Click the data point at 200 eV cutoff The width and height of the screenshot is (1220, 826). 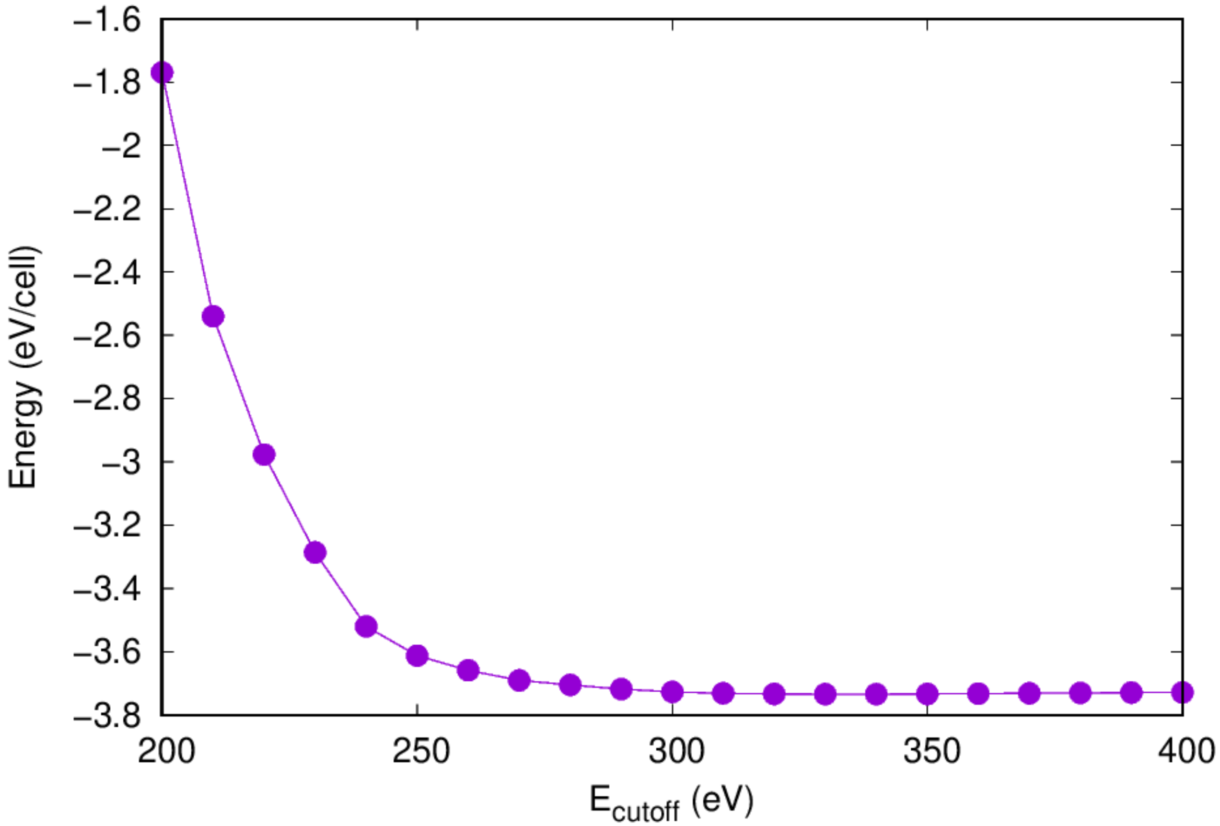point(161,73)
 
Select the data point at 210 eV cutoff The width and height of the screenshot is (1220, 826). point(213,317)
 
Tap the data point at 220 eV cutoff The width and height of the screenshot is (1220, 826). point(264,455)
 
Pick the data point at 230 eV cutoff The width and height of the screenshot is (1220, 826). point(315,552)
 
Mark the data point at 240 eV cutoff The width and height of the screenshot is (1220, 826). point(366,626)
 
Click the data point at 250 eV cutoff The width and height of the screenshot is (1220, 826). point(417,656)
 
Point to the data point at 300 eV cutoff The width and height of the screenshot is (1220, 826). point(672,692)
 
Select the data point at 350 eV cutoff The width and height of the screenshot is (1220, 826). point(927,694)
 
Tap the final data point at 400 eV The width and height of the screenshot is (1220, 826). point(1183,692)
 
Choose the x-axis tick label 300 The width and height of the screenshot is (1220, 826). point(676,751)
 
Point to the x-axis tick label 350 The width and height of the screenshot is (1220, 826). point(931,751)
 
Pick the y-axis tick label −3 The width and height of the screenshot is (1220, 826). point(121,463)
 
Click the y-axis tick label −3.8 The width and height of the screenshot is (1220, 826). point(107,716)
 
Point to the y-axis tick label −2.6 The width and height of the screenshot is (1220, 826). point(107,336)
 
